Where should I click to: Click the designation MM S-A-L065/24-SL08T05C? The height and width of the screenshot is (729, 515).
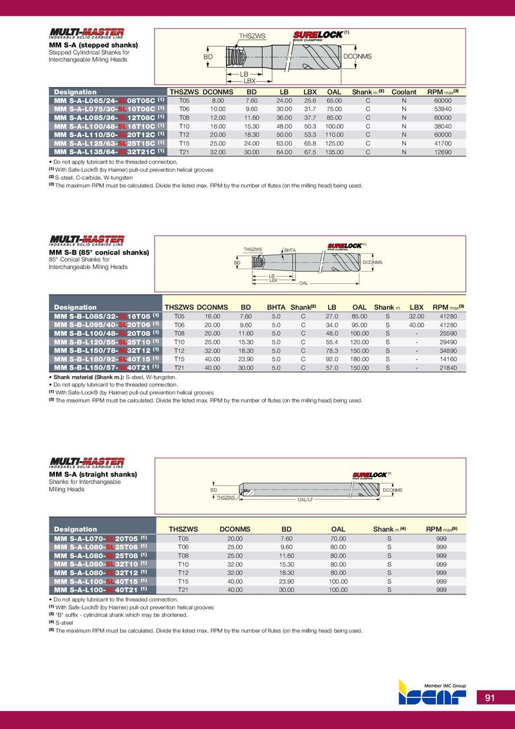point(106,100)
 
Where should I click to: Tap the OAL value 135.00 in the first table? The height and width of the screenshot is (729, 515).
point(333,152)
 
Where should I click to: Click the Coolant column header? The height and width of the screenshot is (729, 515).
point(404,92)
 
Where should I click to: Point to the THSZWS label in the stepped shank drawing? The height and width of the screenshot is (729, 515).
point(252,36)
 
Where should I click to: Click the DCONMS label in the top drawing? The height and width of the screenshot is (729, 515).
point(357,57)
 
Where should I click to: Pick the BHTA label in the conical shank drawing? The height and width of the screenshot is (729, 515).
point(290,251)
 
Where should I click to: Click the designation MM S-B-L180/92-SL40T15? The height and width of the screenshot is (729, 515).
point(106,358)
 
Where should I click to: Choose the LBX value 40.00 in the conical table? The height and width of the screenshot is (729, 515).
point(417,325)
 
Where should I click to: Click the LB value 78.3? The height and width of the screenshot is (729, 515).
point(332,350)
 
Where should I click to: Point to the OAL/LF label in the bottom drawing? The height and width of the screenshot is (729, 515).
point(304,499)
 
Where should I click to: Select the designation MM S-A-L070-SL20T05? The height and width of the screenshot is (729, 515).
point(97,538)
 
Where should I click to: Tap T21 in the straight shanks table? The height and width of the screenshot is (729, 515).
point(183,589)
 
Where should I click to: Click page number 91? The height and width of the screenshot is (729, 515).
point(490,698)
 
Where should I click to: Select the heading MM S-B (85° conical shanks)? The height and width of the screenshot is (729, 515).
point(99,252)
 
